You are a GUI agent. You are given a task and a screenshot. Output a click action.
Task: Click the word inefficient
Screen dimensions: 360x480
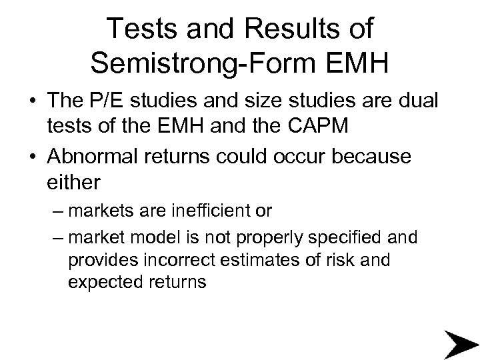(212, 211)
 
